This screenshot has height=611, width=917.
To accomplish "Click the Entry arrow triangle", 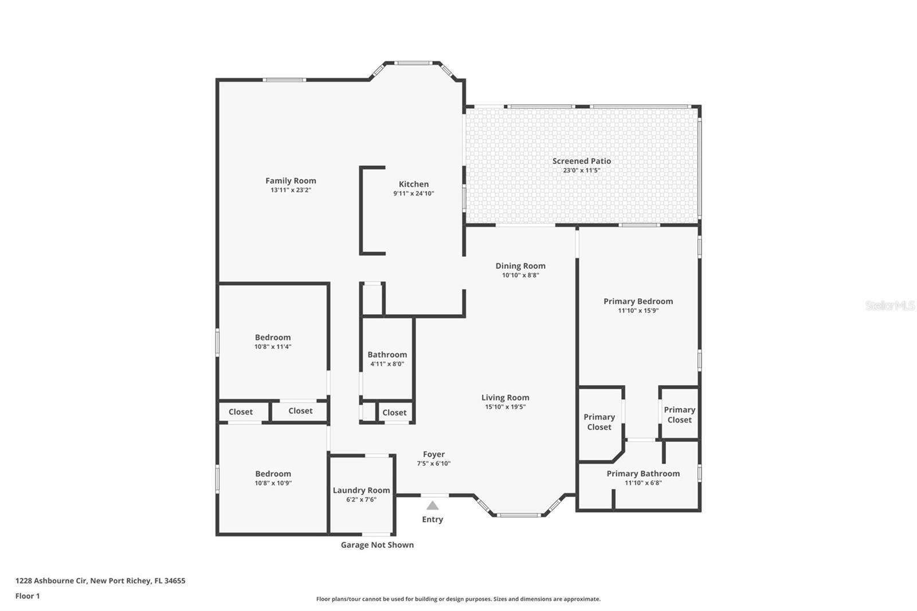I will click(433, 506).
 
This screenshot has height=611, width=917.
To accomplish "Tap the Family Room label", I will click(291, 181).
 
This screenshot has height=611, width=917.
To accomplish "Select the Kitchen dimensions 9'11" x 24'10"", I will click(413, 194).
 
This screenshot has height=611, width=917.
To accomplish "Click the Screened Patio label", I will click(581, 161).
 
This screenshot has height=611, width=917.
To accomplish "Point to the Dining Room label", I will click(520, 265).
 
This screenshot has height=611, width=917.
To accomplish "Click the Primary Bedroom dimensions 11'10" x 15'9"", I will click(638, 311).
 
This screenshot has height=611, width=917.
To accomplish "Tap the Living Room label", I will click(505, 397).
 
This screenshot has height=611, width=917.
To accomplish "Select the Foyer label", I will click(434, 454).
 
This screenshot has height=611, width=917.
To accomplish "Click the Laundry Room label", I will click(361, 490).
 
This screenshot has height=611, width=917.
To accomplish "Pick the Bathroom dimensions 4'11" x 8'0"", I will click(387, 364).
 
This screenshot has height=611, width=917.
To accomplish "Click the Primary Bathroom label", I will click(643, 473).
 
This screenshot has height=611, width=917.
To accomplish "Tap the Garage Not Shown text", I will click(377, 545).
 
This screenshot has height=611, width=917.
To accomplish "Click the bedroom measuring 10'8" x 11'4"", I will click(273, 342).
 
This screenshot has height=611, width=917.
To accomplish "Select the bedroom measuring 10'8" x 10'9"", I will click(273, 478).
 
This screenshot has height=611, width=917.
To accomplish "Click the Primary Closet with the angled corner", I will click(599, 422).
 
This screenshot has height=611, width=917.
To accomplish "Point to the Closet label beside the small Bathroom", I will click(394, 412).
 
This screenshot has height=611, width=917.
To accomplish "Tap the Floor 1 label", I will click(28, 596).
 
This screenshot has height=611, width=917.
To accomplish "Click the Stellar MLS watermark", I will click(890, 305).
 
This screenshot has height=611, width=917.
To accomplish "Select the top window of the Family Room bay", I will click(412, 63).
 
